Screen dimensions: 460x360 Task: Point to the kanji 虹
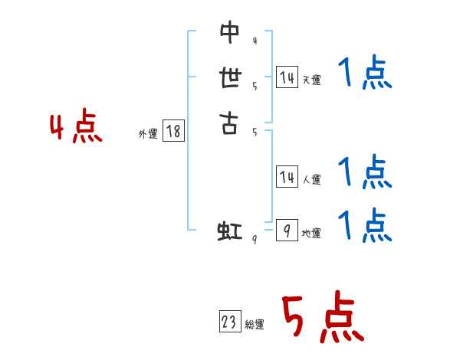pos(229,231)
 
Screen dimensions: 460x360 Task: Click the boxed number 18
pos(173,132)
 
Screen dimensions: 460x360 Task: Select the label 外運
pos(148,133)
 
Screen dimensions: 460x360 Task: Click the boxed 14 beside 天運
pos(287,77)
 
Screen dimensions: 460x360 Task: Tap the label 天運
pos(312,80)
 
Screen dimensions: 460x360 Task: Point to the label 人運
pos(312,180)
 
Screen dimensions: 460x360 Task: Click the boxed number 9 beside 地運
pos(287,230)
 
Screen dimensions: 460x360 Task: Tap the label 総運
pos(255,325)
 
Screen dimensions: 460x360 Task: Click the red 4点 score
pos(76,128)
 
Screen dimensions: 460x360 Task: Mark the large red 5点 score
pos(322,319)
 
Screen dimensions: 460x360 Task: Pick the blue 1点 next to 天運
pos(365,75)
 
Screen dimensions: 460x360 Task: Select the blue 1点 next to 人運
pos(365,173)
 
